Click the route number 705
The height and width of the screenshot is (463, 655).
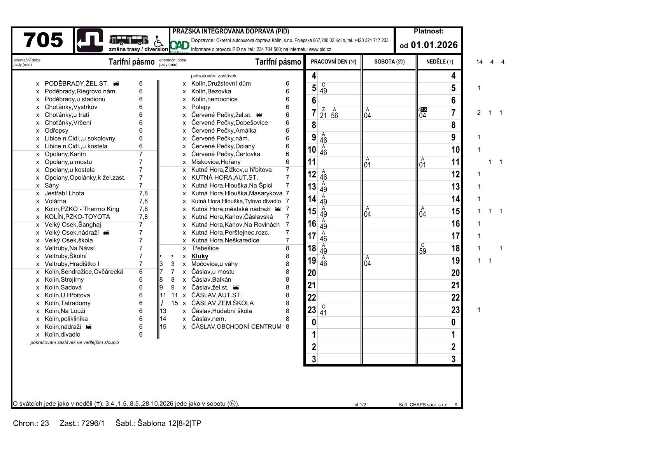(x=43, y=40)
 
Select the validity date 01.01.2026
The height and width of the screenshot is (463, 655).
(x=434, y=45)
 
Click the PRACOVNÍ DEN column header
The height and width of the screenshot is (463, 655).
(x=333, y=62)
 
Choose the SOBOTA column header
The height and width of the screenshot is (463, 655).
(x=389, y=62)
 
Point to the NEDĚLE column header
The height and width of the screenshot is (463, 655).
(x=440, y=62)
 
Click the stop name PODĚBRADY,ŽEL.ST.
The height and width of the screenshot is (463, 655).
(x=77, y=84)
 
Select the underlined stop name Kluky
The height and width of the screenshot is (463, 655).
(x=200, y=256)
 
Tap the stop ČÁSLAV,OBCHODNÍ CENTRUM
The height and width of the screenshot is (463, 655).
(x=236, y=327)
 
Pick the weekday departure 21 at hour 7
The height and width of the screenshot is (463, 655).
(x=323, y=116)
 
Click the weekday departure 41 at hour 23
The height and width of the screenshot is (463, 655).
(x=323, y=313)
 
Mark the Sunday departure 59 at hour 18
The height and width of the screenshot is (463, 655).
(x=423, y=251)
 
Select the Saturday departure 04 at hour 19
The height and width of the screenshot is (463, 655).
(x=368, y=264)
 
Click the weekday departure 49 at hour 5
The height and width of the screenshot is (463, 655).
(x=323, y=91)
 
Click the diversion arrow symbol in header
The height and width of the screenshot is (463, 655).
(x=90, y=40)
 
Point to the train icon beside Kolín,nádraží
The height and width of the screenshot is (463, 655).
(x=89, y=327)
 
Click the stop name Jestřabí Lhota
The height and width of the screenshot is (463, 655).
(x=64, y=193)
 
